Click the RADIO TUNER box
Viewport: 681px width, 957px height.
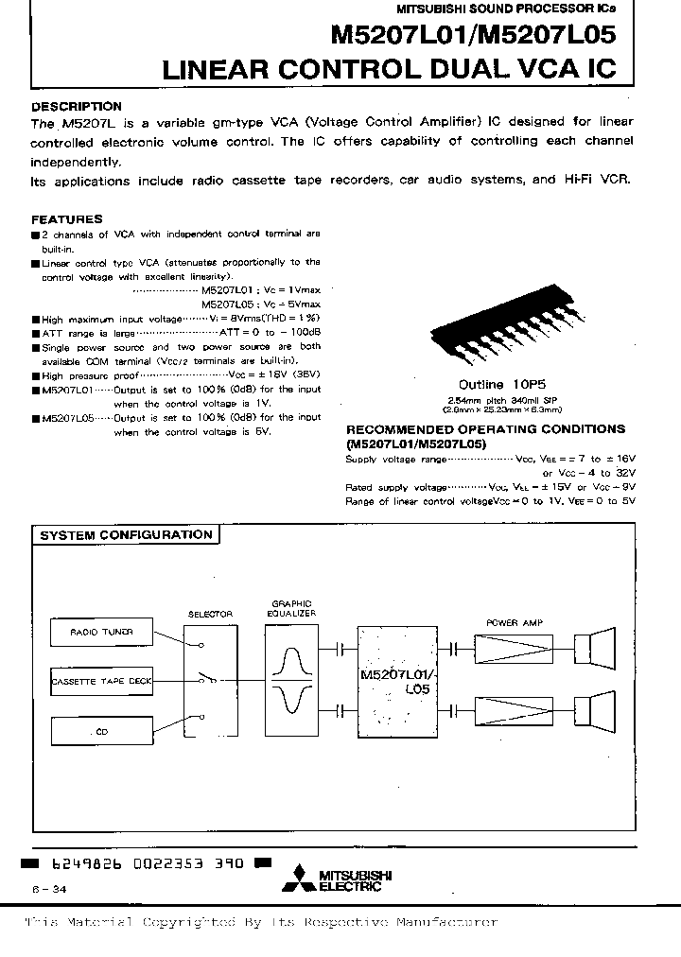point(102,632)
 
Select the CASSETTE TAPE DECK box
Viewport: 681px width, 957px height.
point(102,680)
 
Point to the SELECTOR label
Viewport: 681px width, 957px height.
point(210,614)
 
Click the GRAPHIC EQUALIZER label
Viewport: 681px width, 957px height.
point(291,608)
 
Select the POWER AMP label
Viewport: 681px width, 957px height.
point(510,622)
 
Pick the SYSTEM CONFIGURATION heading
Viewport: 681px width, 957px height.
point(125,535)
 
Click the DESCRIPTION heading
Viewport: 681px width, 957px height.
point(77,107)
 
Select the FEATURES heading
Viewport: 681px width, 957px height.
point(67,217)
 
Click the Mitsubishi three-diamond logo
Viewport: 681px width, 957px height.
point(306,878)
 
